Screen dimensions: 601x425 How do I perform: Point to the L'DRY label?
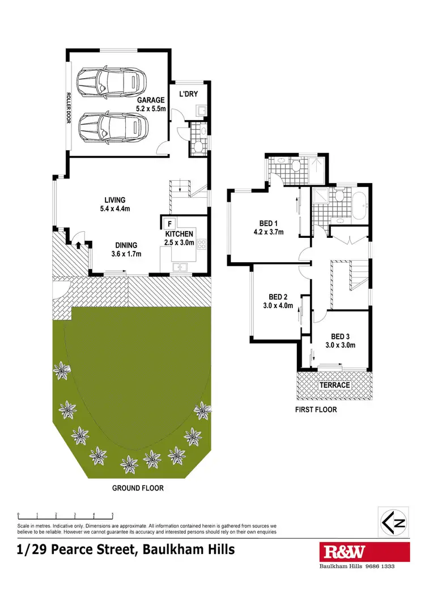click(188, 94)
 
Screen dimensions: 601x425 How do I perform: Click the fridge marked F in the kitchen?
click(169, 223)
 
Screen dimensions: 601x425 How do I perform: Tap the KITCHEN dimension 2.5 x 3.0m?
click(179, 242)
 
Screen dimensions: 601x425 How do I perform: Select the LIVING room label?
click(114, 199)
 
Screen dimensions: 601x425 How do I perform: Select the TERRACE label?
click(334, 385)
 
